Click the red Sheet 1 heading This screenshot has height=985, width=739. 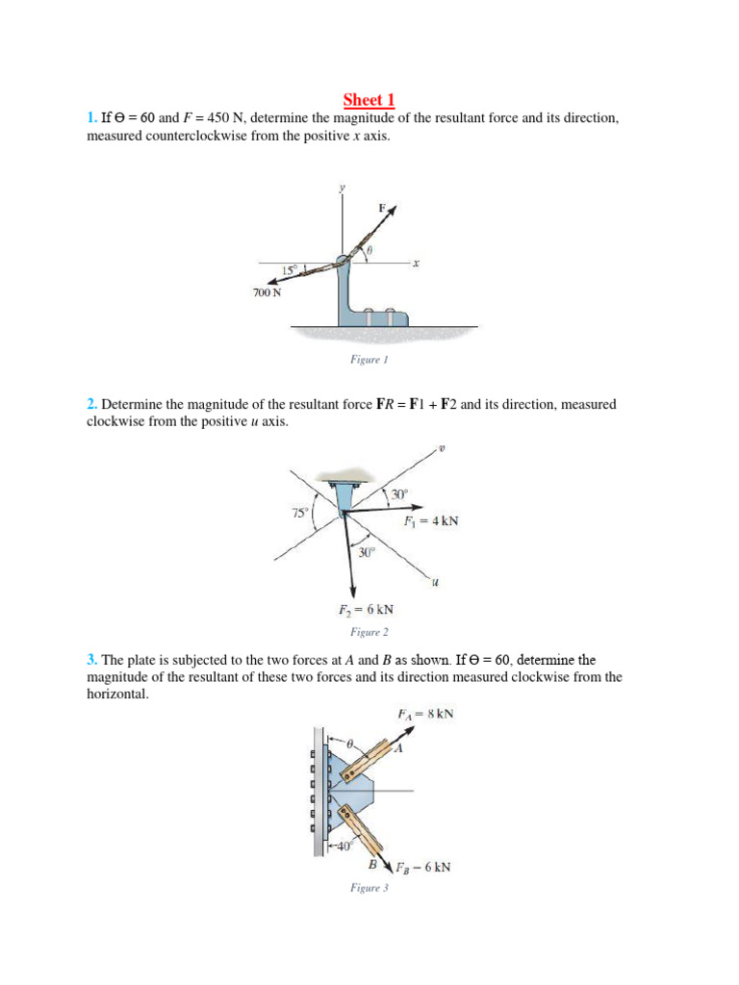tap(369, 100)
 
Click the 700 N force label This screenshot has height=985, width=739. tap(268, 293)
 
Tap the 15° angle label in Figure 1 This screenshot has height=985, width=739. tap(290, 269)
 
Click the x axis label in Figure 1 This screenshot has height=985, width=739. tap(416, 262)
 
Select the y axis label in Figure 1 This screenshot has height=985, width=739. tap(341, 188)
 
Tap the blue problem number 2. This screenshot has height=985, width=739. tap(91, 405)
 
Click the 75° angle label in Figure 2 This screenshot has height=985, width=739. tap(300, 513)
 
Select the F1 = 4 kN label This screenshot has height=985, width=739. tap(431, 521)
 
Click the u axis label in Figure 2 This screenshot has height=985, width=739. tap(435, 580)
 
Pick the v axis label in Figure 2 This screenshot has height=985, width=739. tap(442, 448)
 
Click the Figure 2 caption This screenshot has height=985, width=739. tap(369, 633)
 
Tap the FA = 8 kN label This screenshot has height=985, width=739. tap(425, 715)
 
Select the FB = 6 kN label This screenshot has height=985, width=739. tap(421, 867)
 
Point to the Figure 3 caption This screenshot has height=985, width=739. tap(369, 889)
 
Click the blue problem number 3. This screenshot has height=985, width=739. tap(91, 660)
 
